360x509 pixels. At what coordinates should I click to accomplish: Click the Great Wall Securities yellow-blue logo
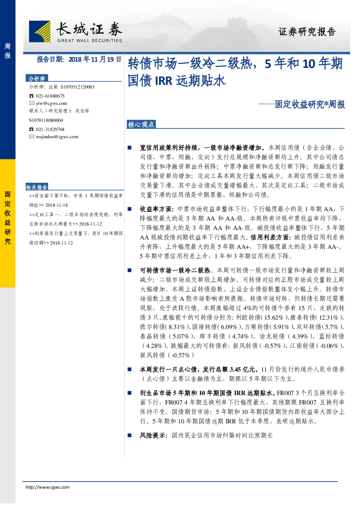pyautogui.click(x=40, y=31)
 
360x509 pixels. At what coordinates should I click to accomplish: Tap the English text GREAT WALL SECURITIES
pyautogui.click(x=90, y=41)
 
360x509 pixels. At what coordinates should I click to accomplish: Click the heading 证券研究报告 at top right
pyautogui.click(x=307, y=32)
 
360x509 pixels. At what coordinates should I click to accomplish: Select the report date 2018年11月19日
pyautogui.click(x=95, y=59)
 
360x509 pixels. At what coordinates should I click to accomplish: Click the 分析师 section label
pyautogui.click(x=37, y=79)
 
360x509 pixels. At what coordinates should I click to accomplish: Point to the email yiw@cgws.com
pyautogui.click(x=52, y=103)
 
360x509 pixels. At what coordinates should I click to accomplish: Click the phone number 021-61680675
pyautogui.click(x=50, y=96)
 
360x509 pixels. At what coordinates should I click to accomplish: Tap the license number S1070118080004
pyautogui.click(x=46, y=120)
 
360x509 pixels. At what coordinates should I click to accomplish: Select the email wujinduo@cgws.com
pyautogui.click(x=57, y=137)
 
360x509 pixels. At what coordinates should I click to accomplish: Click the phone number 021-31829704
pyautogui.click(x=50, y=129)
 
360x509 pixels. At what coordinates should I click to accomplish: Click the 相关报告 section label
pyautogui.click(x=37, y=187)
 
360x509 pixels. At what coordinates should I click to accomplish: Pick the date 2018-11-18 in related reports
pyautogui.click(x=56, y=205)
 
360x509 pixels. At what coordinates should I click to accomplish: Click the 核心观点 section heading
pyautogui.click(x=141, y=124)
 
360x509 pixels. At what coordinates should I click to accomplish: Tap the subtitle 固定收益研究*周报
pyautogui.click(x=310, y=104)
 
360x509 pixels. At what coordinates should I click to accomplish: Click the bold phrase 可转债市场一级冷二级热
pyautogui.click(x=175, y=270)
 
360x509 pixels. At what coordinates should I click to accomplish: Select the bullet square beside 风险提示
pyautogui.click(x=130, y=435)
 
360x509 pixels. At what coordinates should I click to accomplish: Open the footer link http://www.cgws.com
pyautogui.click(x=48, y=487)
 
